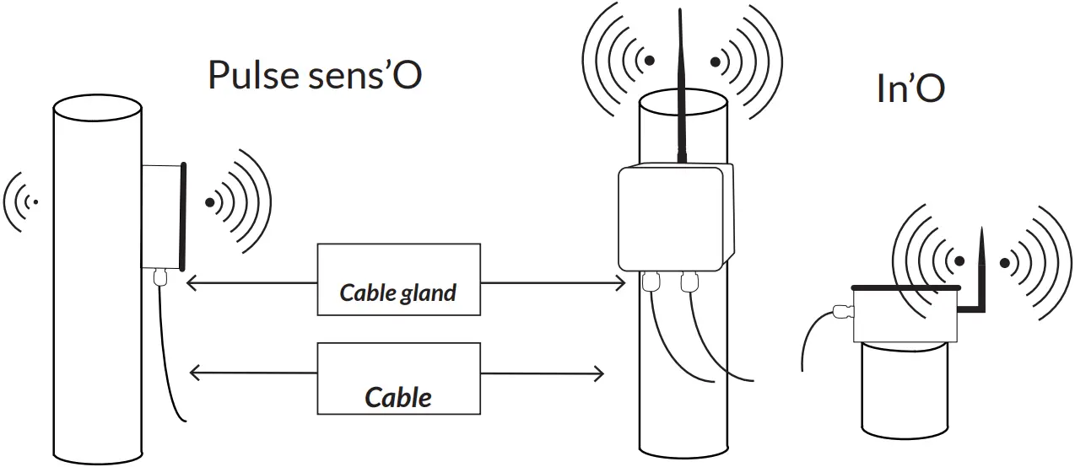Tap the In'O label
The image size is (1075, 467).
tap(910, 89)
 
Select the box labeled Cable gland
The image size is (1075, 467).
tap(398, 279)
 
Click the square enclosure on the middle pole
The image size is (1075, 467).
tap(672, 217)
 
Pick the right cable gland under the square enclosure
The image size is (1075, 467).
tap(689, 281)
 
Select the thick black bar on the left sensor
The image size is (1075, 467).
tap(182, 215)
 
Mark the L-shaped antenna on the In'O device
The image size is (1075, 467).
tap(977, 278)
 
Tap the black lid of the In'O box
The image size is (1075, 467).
tap(905, 289)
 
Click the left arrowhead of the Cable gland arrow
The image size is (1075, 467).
tap(191, 283)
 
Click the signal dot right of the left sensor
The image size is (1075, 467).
tap(209, 202)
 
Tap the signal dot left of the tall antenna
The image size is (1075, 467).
tap(648, 61)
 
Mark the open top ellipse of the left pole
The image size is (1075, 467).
tap(97, 106)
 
